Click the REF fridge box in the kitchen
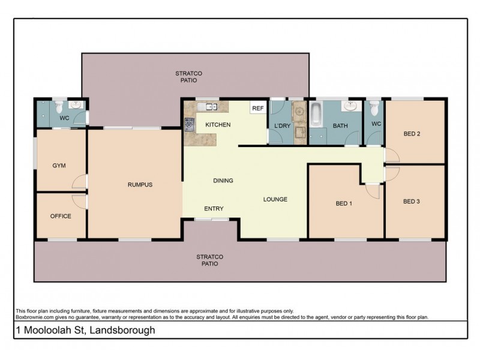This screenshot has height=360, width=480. (x=258, y=108)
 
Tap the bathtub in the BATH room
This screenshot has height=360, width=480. (x=316, y=113)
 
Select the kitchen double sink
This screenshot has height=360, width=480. (x=211, y=107)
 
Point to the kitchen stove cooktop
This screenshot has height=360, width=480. (x=189, y=125)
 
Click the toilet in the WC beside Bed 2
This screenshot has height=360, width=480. (x=374, y=108)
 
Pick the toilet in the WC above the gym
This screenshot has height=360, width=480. (x=59, y=107)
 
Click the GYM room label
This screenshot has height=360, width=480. (x=59, y=165)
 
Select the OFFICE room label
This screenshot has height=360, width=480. (x=61, y=216)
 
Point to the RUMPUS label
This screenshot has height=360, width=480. (x=140, y=185)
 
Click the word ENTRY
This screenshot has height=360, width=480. (x=214, y=209)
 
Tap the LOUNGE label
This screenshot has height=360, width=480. (x=275, y=199)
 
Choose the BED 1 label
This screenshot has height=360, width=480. (x=343, y=203)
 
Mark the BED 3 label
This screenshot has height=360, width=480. (x=411, y=202)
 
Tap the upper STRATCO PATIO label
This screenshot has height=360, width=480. (x=186, y=76)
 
